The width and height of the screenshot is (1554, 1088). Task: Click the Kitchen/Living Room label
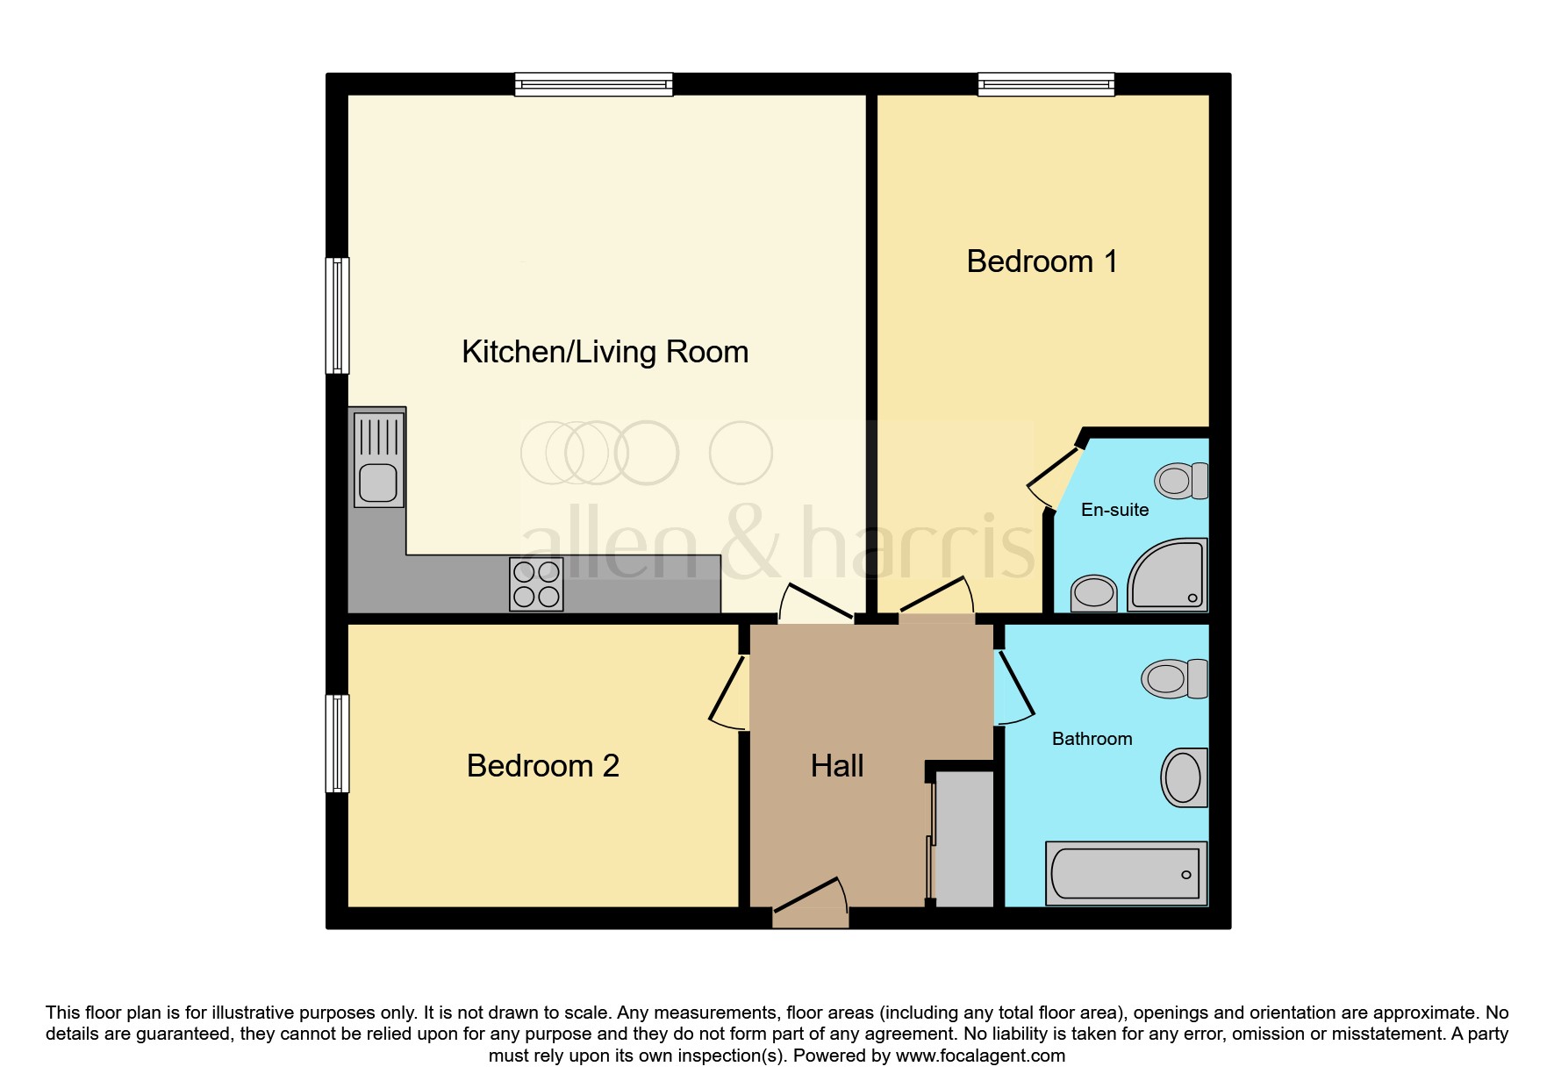click(605, 352)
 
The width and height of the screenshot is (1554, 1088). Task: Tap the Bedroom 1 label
click(1042, 261)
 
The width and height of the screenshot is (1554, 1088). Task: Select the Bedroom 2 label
click(542, 766)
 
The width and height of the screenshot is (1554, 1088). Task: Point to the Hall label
click(836, 766)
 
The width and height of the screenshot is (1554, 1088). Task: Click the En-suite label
click(1114, 510)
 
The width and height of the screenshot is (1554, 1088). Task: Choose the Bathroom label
click(1092, 739)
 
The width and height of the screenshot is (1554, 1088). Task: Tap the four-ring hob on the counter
click(536, 584)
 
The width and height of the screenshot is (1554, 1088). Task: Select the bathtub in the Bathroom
click(1126, 873)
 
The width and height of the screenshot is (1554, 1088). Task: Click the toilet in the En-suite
click(1181, 481)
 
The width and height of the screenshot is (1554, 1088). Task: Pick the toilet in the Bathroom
click(1174, 678)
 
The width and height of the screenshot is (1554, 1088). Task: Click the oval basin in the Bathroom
click(1184, 777)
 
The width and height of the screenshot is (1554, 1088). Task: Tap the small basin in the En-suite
click(1093, 592)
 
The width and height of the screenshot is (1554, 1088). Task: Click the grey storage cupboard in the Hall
click(964, 838)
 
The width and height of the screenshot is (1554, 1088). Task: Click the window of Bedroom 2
click(337, 744)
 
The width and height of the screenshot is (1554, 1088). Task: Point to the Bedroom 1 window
click(1046, 84)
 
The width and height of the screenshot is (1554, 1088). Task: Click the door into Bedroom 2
click(728, 693)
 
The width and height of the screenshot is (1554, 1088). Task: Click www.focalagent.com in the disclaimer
click(980, 1056)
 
